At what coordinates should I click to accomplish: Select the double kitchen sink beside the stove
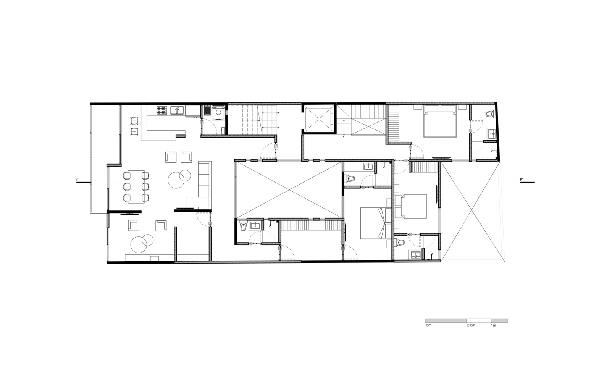pos(178,111)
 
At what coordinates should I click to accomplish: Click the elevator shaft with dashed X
pos(319,118)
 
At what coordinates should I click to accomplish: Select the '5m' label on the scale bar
pos(429,325)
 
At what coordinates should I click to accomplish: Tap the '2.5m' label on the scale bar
pos(471,325)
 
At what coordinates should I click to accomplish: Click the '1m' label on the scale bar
pos(493,325)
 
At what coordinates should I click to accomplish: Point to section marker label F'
pos(522,180)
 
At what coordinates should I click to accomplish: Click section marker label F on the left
pos(78,180)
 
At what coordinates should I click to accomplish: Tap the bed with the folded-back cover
pos(373,223)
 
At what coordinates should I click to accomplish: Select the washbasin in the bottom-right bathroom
pos(415,254)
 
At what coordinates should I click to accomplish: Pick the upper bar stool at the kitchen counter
pos(134,120)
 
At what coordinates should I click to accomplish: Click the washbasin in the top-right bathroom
pos(491,133)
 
